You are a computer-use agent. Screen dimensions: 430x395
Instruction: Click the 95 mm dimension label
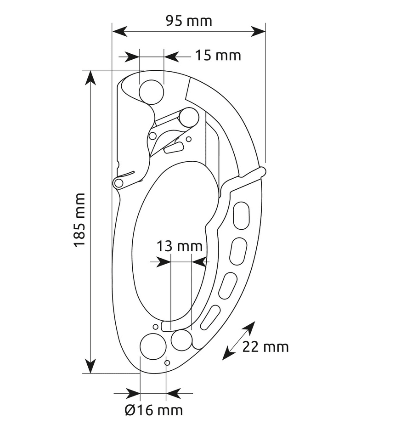189,21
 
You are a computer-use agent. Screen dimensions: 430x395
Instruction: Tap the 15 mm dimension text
218,56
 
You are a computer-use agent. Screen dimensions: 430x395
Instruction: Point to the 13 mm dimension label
179,246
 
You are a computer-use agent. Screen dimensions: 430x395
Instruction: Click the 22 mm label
265,347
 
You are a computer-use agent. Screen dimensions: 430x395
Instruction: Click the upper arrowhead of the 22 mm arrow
251,326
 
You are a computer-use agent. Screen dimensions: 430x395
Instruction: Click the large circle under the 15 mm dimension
151,92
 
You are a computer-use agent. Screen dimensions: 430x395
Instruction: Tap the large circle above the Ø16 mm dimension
152,345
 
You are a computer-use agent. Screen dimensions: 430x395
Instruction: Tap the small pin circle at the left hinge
118,183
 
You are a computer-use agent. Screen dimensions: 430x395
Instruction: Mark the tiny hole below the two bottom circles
167,363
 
